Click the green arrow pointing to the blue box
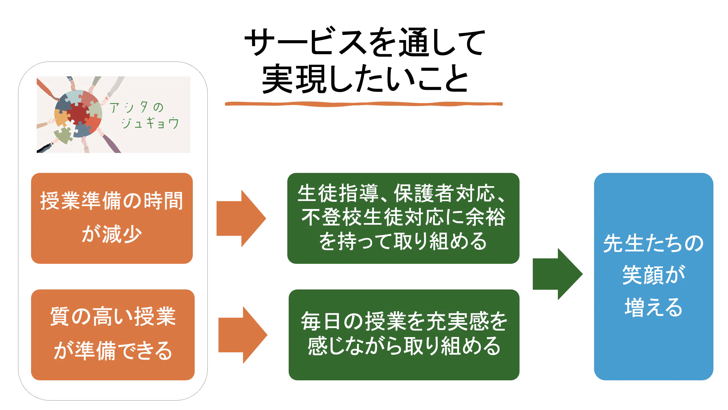click(557, 274)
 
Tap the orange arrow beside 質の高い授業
click(242, 335)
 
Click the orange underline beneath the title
click(363, 104)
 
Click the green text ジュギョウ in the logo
click(150, 123)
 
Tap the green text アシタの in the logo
click(137, 108)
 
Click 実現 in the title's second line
click(294, 79)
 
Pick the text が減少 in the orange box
click(112, 234)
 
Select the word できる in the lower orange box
click(144, 350)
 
